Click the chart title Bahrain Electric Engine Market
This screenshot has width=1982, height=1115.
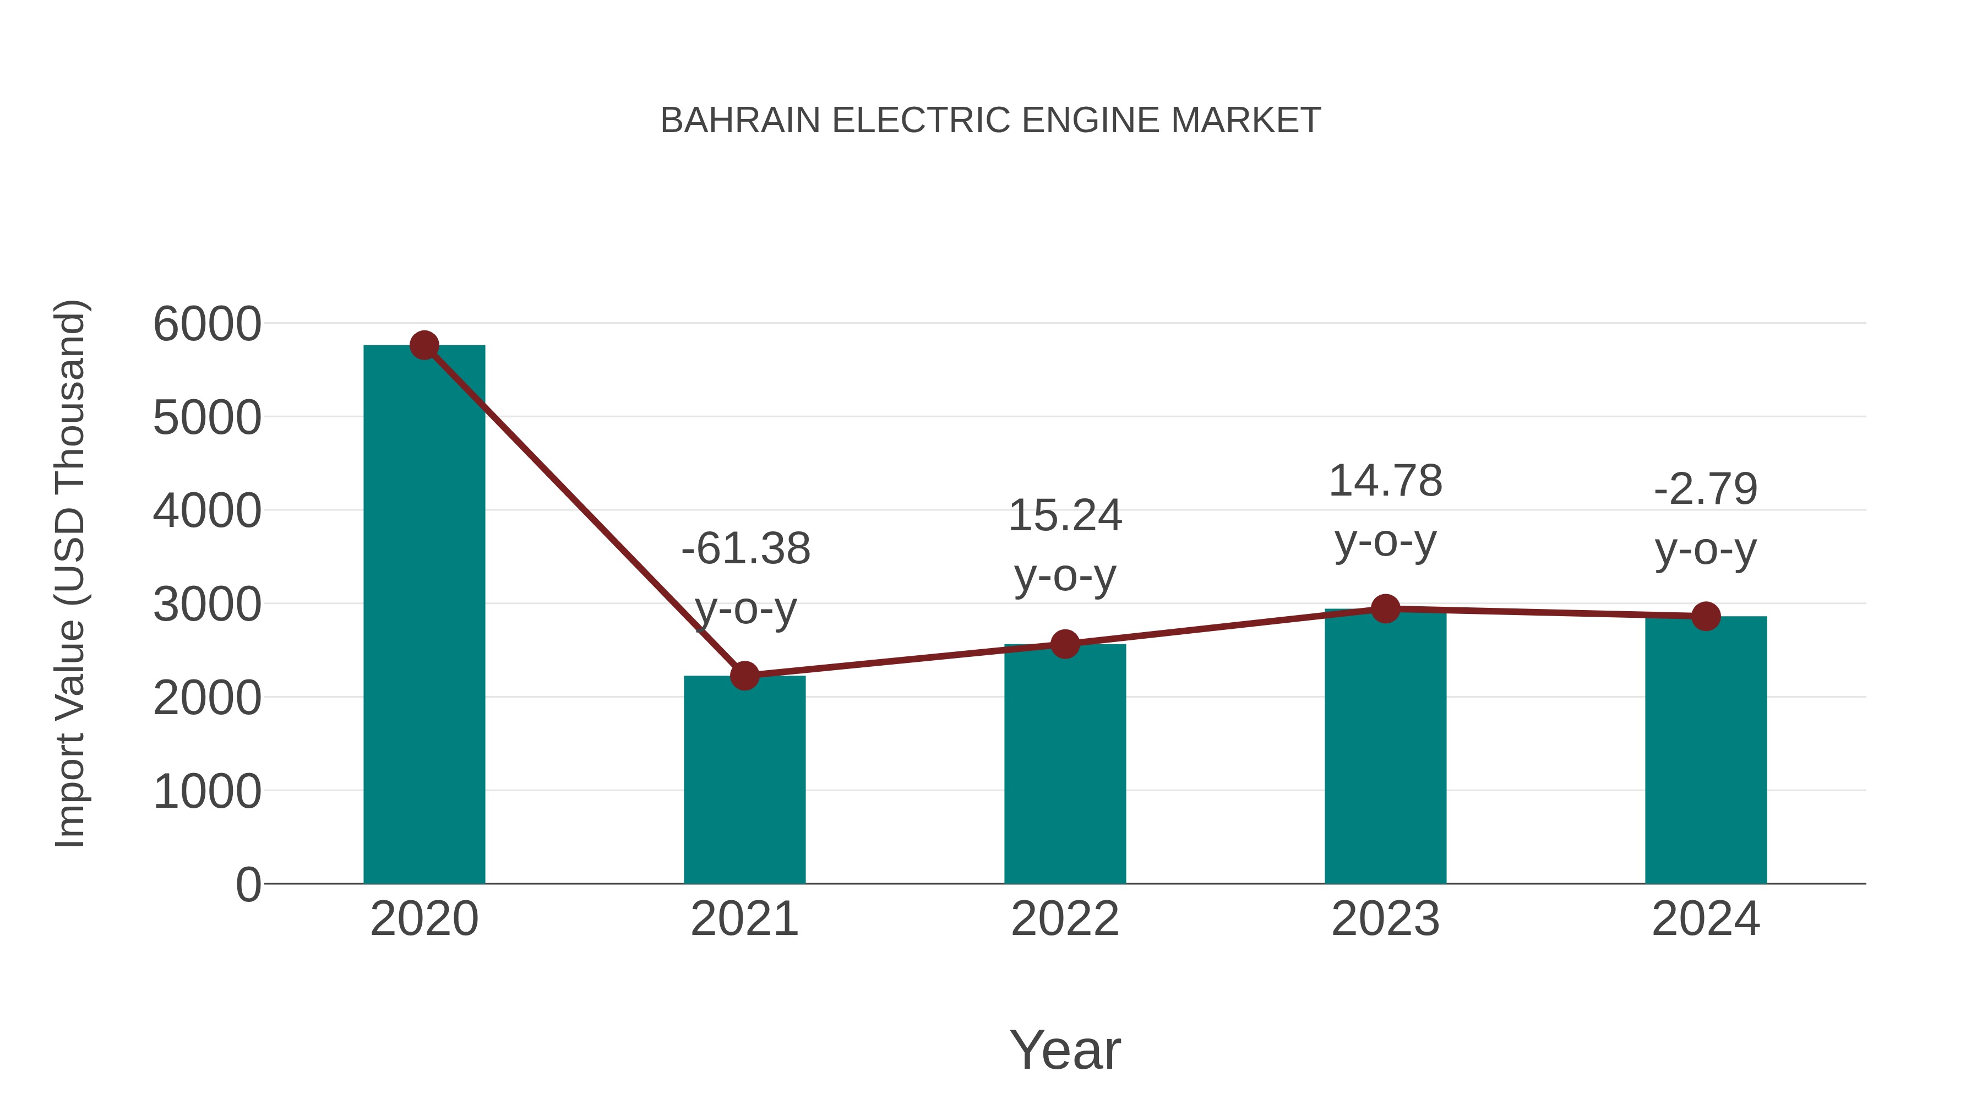click(990, 121)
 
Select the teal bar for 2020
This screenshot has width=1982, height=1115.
click(424, 616)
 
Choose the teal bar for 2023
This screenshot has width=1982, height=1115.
click(1385, 747)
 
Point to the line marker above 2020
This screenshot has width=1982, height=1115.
click(424, 345)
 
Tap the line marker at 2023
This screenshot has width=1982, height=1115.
click(1385, 608)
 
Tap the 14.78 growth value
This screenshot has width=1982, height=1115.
click(1385, 482)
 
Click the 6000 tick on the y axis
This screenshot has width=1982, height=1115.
click(207, 324)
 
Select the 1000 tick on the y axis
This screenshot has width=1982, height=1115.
click(207, 791)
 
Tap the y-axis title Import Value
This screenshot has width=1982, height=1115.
click(70, 573)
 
